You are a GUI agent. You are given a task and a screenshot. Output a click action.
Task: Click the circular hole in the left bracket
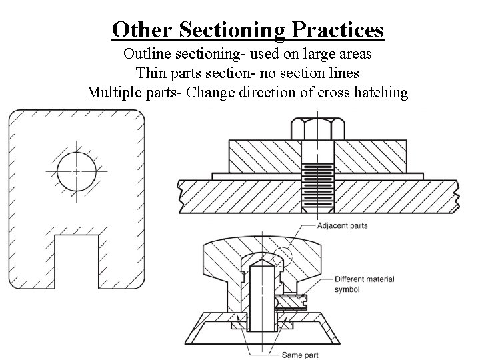[75, 171]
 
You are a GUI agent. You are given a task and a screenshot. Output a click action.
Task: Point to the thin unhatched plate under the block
[260, 176]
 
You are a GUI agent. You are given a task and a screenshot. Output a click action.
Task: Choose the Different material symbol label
[364, 284]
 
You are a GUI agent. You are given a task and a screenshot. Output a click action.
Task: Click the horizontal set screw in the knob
[294, 302]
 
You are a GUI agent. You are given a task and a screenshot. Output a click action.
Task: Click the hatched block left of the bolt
[260, 156]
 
